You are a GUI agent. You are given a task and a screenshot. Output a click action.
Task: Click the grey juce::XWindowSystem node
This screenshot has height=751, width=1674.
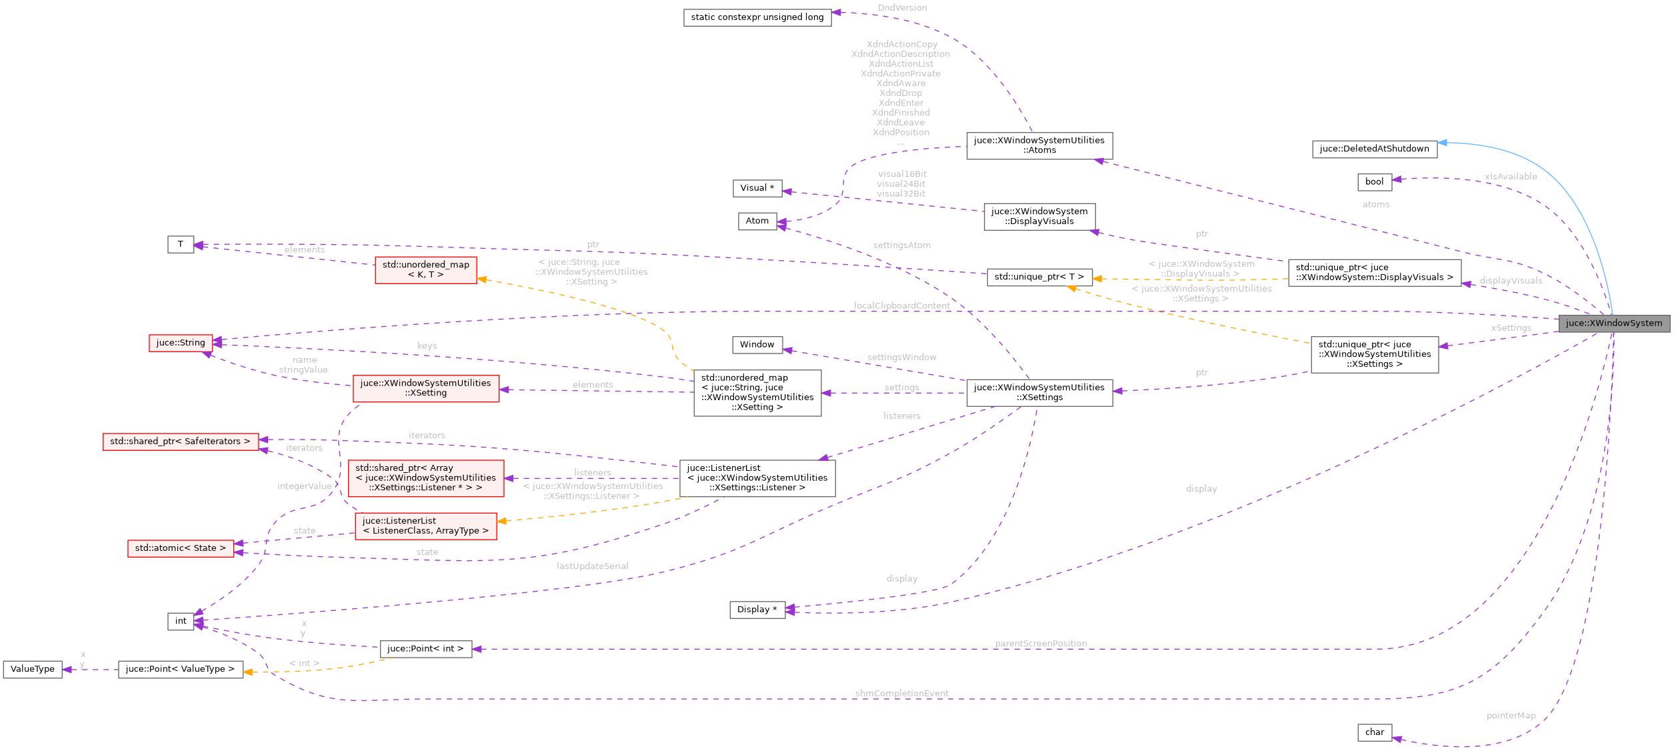(x=1613, y=323)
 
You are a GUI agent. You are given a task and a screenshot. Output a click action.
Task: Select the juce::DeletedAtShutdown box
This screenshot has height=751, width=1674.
(x=1374, y=149)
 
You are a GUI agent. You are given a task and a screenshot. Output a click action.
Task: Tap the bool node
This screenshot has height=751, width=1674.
(x=1374, y=181)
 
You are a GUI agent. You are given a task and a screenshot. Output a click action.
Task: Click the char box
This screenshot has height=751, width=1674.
(x=1374, y=732)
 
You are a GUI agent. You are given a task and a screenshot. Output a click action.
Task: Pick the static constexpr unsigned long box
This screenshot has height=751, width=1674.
(x=757, y=17)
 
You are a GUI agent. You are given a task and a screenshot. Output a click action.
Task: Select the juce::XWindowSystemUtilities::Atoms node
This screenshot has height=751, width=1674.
(x=1039, y=145)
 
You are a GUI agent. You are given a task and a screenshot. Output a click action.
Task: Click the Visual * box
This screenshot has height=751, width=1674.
(x=757, y=188)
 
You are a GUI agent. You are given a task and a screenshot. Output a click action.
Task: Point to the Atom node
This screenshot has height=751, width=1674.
(x=757, y=221)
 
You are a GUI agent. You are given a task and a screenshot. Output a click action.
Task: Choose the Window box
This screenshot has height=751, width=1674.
(x=757, y=345)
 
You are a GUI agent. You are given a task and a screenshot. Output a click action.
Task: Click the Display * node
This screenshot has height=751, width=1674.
(x=757, y=610)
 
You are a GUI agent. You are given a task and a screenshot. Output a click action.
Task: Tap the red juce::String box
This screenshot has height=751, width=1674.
(x=180, y=343)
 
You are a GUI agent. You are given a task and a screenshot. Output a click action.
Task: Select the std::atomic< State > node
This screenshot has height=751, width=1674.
(x=180, y=548)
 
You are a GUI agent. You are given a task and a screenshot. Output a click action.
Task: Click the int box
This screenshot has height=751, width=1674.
(x=181, y=621)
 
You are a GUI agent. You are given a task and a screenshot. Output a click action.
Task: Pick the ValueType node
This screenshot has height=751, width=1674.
(x=33, y=669)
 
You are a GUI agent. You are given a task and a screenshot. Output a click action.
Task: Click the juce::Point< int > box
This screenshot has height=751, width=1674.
(x=425, y=648)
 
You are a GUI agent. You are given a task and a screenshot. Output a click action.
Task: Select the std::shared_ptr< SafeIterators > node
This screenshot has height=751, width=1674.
(x=180, y=442)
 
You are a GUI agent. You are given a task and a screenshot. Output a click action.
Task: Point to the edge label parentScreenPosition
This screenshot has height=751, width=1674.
(x=1040, y=644)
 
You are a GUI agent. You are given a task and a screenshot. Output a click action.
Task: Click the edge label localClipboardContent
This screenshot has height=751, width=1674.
(x=901, y=305)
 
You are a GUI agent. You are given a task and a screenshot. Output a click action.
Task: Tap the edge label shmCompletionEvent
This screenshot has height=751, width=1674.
(x=901, y=694)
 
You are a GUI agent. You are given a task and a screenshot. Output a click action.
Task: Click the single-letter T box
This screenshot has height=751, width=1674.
(x=180, y=245)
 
